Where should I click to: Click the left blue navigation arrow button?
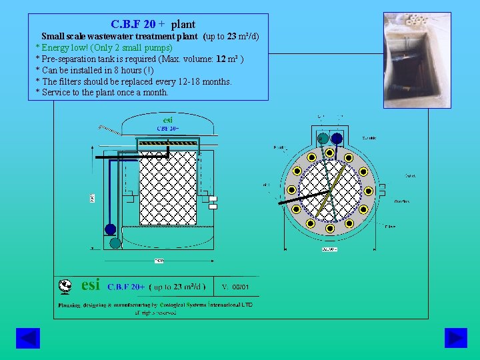pyautogui.click(x=28, y=338)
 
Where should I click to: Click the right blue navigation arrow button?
pyautogui.click(x=455, y=338)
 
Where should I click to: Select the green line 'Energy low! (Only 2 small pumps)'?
pyautogui.click(x=104, y=47)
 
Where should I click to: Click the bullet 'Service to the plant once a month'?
pyautogui.click(x=102, y=93)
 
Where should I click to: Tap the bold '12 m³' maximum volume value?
pyautogui.click(x=227, y=59)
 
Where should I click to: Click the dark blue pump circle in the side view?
pyautogui.click(x=110, y=229)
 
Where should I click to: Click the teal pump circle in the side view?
pyautogui.click(x=115, y=243)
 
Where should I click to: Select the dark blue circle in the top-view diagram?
pyautogui.click(x=337, y=139)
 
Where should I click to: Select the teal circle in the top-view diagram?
pyautogui.click(x=323, y=139)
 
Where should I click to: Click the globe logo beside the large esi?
pyautogui.click(x=65, y=286)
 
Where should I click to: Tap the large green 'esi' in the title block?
pyautogui.click(x=90, y=285)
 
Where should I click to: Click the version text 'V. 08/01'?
pyautogui.click(x=235, y=287)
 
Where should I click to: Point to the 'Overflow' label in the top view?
pyautogui.click(x=401, y=201)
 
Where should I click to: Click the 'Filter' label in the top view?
pyautogui.click(x=390, y=227)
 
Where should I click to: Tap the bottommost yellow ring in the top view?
pyautogui.click(x=330, y=229)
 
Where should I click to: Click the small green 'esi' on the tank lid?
pyautogui.click(x=168, y=120)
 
